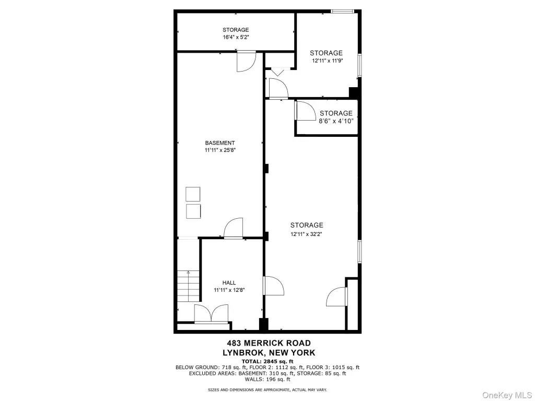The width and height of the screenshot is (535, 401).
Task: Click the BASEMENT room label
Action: (220, 143)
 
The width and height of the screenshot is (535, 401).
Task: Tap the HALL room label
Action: (229, 282)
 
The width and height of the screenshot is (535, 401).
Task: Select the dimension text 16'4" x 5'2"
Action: (236, 37)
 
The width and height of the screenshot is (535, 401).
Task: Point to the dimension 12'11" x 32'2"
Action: (306, 234)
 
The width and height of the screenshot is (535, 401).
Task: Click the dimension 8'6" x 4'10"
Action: (336, 121)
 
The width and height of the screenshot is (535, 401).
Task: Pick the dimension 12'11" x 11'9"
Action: (327, 61)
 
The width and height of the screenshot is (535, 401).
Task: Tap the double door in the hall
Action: (211, 313)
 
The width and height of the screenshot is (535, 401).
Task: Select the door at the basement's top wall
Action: (247, 62)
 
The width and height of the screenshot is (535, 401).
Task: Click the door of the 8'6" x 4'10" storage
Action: (305, 111)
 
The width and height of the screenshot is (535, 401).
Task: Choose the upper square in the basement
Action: (193, 194)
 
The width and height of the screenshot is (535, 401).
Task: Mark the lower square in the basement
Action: (193, 211)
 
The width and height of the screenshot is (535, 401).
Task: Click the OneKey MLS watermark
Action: (506, 395)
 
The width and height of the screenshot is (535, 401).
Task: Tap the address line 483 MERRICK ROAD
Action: (269, 343)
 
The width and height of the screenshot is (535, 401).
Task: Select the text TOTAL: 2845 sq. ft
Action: (267, 361)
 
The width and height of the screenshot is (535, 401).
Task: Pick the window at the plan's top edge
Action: (343, 11)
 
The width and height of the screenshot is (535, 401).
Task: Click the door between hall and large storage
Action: (273, 286)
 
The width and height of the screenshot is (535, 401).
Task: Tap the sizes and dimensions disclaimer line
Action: (267, 390)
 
